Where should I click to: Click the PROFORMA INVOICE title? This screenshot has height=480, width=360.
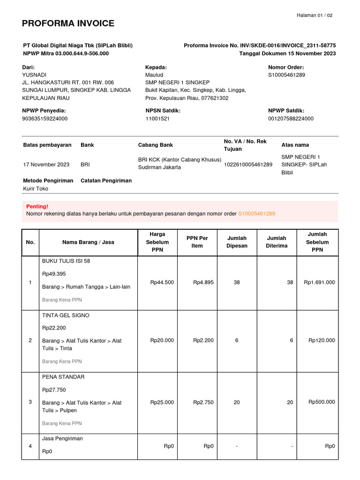[68, 23]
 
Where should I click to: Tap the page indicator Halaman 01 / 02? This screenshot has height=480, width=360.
[315, 15]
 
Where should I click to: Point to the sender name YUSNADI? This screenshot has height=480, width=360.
[35, 75]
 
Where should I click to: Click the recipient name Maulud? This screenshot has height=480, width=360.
[154, 75]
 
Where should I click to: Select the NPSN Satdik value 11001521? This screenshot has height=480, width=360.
[157, 119]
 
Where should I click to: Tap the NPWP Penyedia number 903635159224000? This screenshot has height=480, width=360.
[45, 119]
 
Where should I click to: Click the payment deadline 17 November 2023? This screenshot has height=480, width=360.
[46, 165]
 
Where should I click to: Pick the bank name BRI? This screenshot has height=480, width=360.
[85, 165]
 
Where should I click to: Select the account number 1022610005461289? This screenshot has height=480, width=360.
[248, 165]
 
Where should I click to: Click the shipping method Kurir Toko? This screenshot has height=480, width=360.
[36, 189]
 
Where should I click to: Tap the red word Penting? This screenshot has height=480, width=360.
[37, 206]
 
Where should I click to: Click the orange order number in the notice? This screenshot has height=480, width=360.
[256, 214]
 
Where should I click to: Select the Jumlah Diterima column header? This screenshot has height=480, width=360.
[277, 242]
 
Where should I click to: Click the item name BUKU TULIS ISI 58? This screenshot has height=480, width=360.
[66, 261]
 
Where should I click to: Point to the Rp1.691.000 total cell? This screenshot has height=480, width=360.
[319, 283]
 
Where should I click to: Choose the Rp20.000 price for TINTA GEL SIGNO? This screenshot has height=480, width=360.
[162, 341]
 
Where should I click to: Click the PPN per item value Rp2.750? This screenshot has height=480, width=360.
[203, 402]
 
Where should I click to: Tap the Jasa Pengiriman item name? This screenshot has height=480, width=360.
[62, 439]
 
